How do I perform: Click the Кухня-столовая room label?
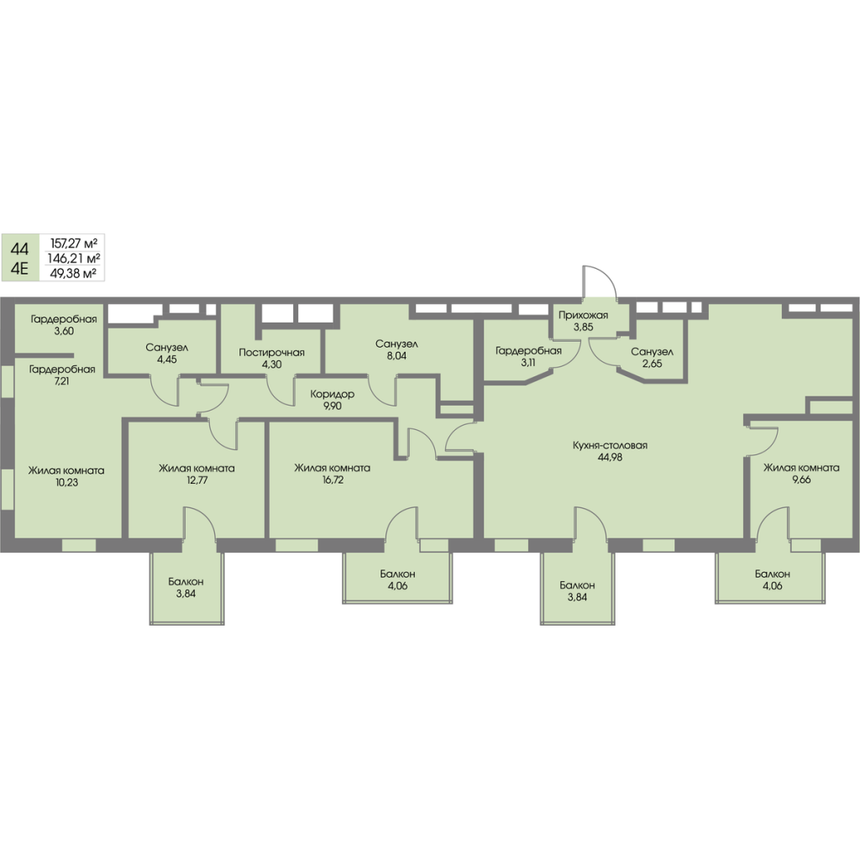[x=611, y=446]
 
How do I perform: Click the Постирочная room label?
[x=270, y=353]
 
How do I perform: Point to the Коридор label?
[x=332, y=394]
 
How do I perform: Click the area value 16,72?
[x=332, y=481]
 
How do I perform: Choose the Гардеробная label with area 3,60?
[x=64, y=319]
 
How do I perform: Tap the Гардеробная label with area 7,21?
[x=61, y=369]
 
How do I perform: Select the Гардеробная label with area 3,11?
[x=527, y=351]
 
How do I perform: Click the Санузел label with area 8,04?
[x=397, y=344]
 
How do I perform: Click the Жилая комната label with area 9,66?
[x=801, y=469]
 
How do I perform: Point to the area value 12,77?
[x=197, y=481]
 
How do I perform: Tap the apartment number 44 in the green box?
[x=19, y=249]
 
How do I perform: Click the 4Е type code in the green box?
[x=19, y=270]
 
